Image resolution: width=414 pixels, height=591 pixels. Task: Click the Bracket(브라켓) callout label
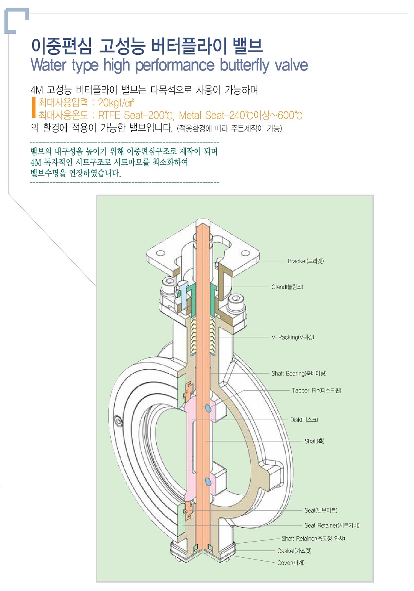[306, 261]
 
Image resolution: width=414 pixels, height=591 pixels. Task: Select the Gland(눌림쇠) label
[287, 287]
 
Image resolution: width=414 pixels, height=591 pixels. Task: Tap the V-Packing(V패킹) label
[293, 337]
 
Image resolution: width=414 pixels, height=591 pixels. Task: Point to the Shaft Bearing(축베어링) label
[299, 373]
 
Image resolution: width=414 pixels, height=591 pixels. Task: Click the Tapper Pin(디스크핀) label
[316, 390]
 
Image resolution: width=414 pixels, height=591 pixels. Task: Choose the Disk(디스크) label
[304, 420]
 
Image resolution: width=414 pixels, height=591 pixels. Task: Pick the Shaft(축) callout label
[314, 441]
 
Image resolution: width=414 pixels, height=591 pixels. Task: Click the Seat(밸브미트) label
[321, 510]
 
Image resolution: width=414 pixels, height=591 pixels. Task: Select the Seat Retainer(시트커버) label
[332, 525]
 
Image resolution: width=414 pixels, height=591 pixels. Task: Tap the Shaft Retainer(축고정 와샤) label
[313, 538]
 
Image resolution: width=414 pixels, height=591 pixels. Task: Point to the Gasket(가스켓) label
[294, 551]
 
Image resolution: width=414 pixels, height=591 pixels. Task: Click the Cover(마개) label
[291, 563]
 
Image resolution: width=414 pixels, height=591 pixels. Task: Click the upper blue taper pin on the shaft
[208, 408]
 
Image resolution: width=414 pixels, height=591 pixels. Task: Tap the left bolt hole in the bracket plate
[160, 253]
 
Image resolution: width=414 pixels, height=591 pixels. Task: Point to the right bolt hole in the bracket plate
[245, 253]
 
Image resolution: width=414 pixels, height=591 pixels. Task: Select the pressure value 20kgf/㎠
[116, 102]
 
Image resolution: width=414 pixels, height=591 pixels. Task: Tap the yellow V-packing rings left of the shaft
[193, 335]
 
